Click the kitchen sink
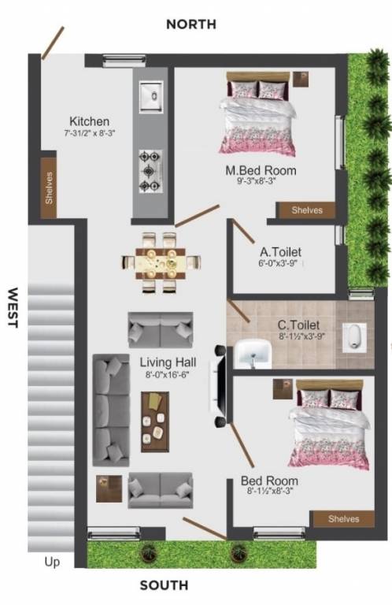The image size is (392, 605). click(x=150, y=96)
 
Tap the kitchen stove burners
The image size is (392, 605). click(x=150, y=170)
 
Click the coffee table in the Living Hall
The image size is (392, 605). click(x=155, y=421)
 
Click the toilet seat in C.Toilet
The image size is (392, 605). click(x=354, y=336)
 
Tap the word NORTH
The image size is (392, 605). click(x=190, y=24)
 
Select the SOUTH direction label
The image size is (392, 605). click(x=164, y=585)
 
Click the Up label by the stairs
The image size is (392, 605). click(x=52, y=562)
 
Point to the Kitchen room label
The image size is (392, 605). click(x=89, y=121)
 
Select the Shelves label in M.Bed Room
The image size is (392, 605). click(x=307, y=210)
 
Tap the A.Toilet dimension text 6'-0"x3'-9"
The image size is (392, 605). click(x=281, y=265)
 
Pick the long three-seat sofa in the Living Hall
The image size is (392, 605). click(x=111, y=409)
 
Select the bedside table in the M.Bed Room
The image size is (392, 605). click(x=301, y=78)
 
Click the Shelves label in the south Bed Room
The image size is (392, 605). click(x=343, y=518)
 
